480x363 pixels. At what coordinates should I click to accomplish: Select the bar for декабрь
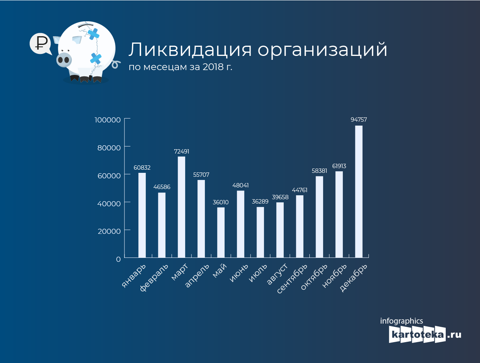click(x=359, y=192)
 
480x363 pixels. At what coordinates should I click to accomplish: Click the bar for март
click(x=181, y=207)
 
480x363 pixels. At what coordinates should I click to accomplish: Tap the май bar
click(x=221, y=232)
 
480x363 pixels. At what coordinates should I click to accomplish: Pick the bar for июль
click(x=260, y=232)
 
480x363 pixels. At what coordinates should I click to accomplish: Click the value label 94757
click(x=359, y=120)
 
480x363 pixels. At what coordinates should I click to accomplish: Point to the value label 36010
click(x=221, y=202)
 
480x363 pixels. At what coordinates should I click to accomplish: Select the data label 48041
click(x=240, y=185)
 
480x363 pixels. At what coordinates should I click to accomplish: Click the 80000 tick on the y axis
click(x=109, y=148)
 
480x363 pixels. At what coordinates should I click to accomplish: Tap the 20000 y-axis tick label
click(x=109, y=231)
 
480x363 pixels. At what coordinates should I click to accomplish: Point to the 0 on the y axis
click(x=118, y=259)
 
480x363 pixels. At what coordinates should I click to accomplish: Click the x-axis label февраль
click(x=154, y=278)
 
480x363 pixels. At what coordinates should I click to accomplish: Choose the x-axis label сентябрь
click(x=292, y=279)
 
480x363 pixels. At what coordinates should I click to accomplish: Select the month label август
click(x=277, y=274)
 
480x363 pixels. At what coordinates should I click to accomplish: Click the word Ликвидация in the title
click(x=190, y=50)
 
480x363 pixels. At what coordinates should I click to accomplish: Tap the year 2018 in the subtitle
click(x=213, y=67)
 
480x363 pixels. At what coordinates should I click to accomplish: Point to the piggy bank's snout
click(x=64, y=59)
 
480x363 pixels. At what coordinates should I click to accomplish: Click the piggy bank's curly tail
click(x=116, y=64)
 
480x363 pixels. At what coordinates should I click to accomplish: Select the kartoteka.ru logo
click(x=425, y=334)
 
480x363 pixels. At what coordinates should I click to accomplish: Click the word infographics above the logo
click(x=402, y=321)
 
